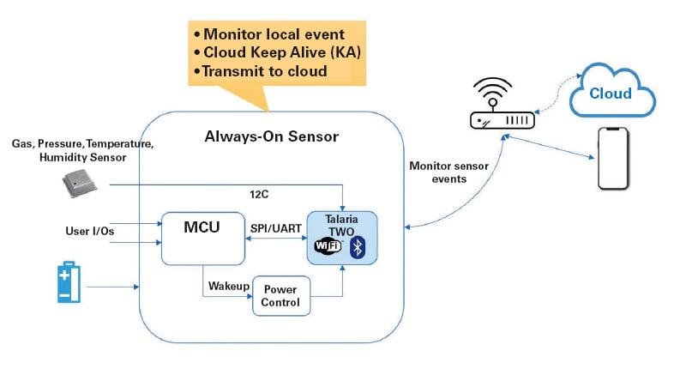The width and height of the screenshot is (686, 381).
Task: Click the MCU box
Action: coord(203,237)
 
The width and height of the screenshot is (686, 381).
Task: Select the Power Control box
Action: coord(280,296)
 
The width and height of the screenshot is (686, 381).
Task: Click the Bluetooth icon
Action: coord(360,248)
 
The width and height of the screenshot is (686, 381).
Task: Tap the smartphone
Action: coord(612,160)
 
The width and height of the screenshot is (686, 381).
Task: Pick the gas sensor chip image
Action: coord(79,180)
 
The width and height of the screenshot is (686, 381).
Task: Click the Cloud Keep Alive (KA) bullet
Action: coord(274,53)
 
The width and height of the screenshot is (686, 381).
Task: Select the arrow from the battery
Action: coord(112,287)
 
